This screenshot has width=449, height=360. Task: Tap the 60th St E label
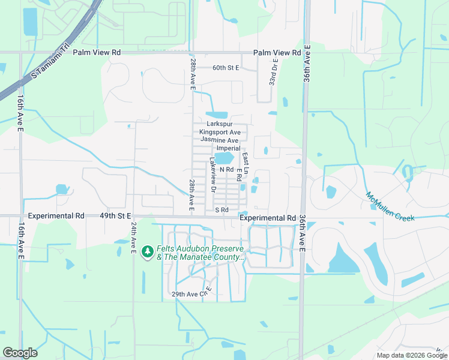[x=226, y=68]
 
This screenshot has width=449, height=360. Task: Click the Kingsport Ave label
[x=220, y=132]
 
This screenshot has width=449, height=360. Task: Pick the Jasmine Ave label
[x=219, y=140]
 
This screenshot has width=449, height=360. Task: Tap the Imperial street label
[x=228, y=148]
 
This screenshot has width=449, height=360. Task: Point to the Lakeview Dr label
[x=212, y=175]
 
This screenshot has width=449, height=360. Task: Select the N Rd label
[x=226, y=170]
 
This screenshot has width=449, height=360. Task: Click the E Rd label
[x=238, y=175]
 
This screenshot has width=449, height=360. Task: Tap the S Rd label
[x=222, y=210]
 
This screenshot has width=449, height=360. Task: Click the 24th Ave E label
[x=134, y=238]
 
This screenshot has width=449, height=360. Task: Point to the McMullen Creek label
[x=390, y=207]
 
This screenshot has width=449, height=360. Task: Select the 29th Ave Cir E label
[x=193, y=294]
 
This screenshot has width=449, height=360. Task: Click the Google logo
[x=20, y=353]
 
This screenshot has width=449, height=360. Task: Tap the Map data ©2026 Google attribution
[x=411, y=355]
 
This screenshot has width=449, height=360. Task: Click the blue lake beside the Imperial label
[x=224, y=158]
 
